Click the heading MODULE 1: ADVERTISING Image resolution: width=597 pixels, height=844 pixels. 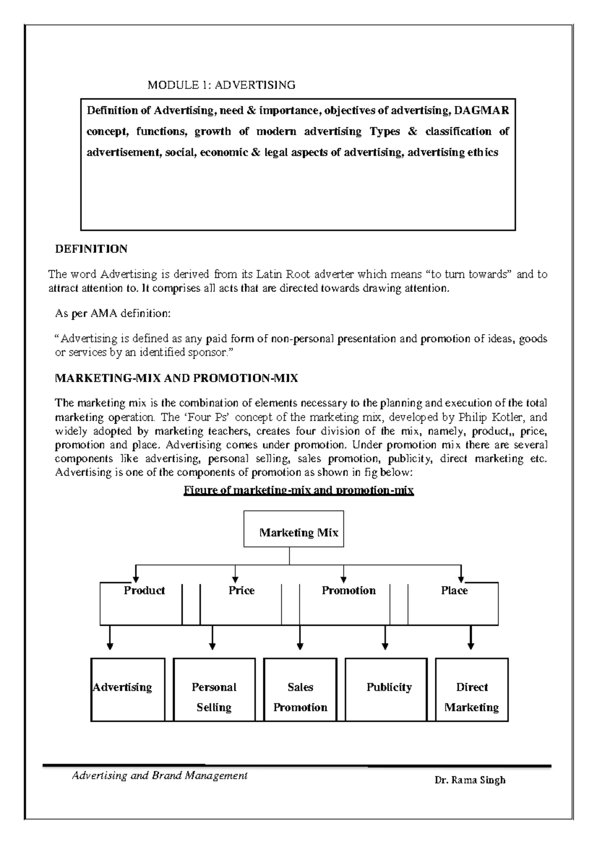click(221, 85)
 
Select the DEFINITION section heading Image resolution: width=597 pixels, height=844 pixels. click(91, 249)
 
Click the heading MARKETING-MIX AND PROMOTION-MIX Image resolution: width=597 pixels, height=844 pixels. click(176, 378)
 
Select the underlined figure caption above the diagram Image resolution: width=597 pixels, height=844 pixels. click(298, 491)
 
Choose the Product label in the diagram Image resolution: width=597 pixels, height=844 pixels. click(144, 591)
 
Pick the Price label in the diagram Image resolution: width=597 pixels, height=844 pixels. click(241, 591)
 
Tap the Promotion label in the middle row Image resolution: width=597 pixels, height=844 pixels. click(348, 591)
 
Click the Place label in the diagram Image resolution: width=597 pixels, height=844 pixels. click(454, 591)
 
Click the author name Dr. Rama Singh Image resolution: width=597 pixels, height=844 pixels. click(470, 780)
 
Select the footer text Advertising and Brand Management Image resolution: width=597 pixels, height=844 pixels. click(160, 775)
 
